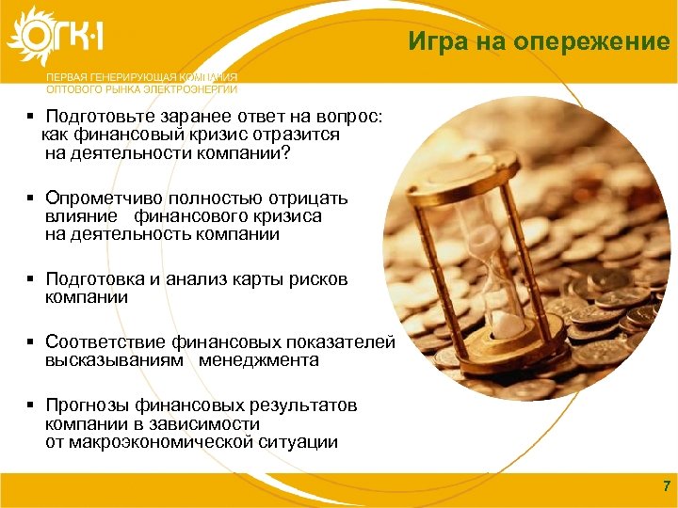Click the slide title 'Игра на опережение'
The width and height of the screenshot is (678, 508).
click(538, 41)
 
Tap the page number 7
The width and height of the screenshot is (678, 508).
click(667, 486)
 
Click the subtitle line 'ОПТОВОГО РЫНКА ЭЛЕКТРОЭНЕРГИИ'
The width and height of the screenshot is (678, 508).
click(141, 89)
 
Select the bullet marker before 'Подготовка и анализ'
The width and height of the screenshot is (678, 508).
click(31, 279)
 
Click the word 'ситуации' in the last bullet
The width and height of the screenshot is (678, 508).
click(303, 442)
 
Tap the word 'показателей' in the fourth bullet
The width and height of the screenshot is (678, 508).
click(341, 342)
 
